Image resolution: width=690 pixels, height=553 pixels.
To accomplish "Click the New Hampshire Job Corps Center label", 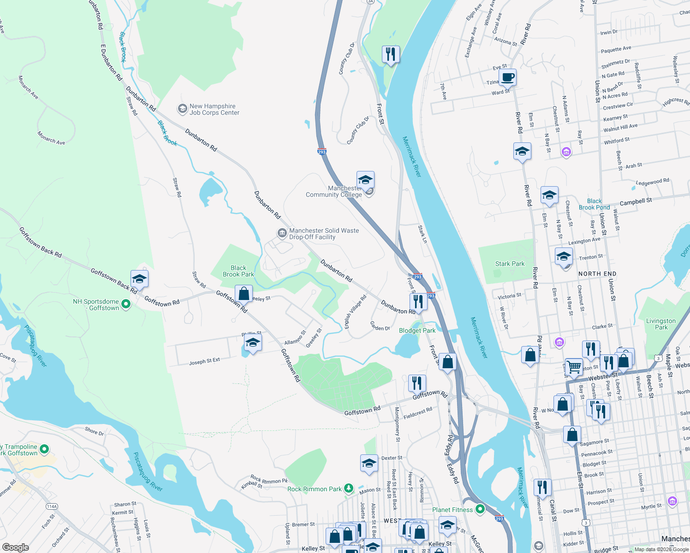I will click(214, 109).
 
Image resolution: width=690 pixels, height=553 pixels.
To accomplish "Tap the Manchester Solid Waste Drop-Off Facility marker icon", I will click(282, 234).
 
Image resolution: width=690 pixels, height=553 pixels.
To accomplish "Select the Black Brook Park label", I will click(238, 271).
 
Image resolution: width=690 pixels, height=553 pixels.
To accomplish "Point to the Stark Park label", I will click(510, 264).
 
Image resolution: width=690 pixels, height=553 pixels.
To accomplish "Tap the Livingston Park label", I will click(660, 324).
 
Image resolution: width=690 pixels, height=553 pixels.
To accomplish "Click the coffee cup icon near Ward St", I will click(507, 77).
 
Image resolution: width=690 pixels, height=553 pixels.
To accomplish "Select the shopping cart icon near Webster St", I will click(574, 367).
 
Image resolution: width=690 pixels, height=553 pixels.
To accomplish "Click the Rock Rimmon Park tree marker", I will click(349, 488).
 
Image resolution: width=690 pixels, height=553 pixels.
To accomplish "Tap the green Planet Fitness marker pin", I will click(480, 509).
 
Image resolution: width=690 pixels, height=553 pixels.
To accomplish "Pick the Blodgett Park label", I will click(417, 330).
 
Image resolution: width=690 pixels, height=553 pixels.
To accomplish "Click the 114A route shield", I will click(52, 506).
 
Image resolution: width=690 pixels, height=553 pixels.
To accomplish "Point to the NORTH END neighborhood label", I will click(597, 274).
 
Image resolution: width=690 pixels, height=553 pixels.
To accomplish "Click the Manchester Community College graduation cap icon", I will click(365, 180).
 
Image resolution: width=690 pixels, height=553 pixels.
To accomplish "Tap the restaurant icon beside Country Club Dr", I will click(391, 54).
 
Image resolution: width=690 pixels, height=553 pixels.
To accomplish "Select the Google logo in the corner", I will click(16, 547).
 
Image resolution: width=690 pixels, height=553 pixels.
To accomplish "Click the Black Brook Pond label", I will click(594, 204).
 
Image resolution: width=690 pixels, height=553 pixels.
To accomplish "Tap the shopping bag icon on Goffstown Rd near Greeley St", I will click(244, 294).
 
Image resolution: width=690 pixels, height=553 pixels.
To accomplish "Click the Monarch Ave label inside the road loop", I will click(51, 138).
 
